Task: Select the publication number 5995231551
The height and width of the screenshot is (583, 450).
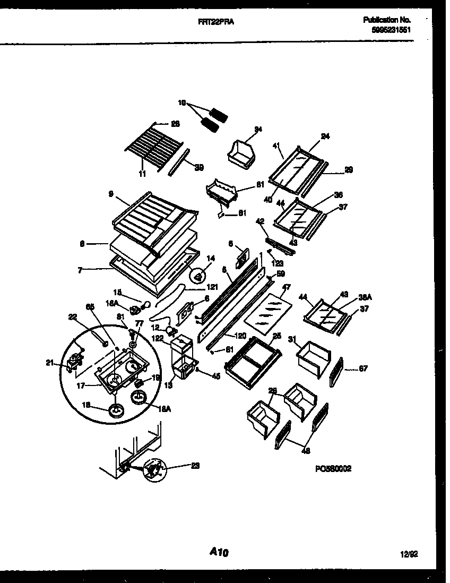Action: coord(392,30)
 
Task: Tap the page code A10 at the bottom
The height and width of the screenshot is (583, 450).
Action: coord(219,553)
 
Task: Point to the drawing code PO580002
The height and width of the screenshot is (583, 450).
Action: coord(333,468)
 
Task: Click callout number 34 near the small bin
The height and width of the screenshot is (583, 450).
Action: coord(258,129)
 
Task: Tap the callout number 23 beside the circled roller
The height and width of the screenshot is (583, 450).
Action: coord(196,466)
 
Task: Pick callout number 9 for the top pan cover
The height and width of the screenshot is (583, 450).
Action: coord(110,194)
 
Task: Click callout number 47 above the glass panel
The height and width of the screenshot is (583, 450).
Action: coord(286,287)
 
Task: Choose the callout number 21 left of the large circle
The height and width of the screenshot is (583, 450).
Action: coord(49,363)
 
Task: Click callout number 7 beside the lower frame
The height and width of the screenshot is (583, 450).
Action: coord(80,270)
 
